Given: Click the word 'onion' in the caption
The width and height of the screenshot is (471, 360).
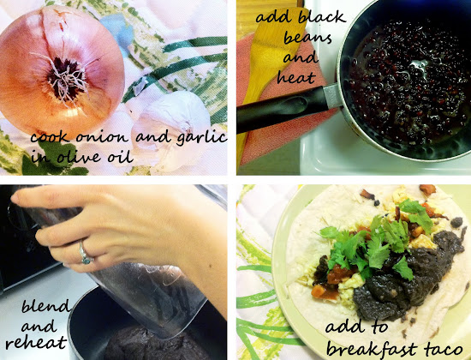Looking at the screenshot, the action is coord(102,138).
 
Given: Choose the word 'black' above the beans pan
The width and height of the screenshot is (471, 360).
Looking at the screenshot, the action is coord(322,17).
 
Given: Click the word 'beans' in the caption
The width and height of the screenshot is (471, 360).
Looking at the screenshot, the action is coord(308,39).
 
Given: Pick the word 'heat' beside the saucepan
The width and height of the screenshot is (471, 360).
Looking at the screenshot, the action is coord(296,77).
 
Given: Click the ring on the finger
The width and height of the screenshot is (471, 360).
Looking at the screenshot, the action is coord(85,254).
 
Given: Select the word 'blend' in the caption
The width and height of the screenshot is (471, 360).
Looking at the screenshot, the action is coord(45,307).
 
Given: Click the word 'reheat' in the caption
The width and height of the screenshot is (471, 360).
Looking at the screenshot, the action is coord(36,342).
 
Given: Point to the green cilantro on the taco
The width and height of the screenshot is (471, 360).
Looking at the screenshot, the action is coord(379,241).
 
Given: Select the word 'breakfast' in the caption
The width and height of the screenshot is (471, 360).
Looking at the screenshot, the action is coord(372,349).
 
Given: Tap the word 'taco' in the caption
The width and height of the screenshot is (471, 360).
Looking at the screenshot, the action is coord(444,349).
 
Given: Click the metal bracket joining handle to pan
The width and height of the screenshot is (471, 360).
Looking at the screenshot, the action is coord(332,96).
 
